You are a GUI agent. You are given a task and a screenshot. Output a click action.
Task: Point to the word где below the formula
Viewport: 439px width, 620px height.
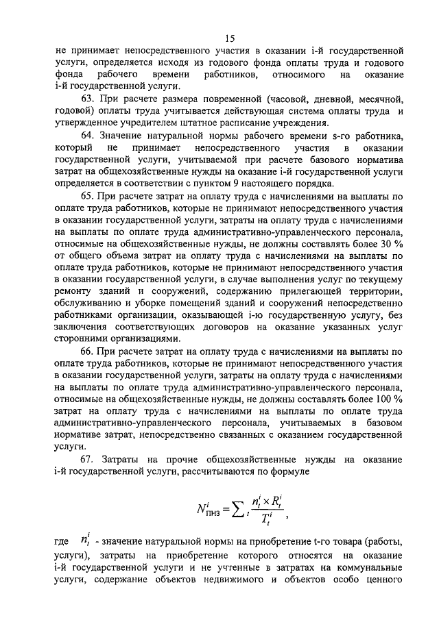(61, 542)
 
